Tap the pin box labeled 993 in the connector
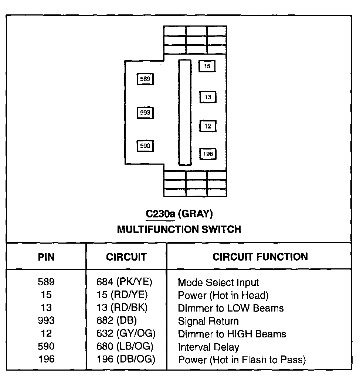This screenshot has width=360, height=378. pos(145,113)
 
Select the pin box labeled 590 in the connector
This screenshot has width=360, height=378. pos(145,146)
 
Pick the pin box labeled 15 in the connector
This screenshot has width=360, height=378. pos(207,66)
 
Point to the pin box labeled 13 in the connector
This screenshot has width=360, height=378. pos(208,97)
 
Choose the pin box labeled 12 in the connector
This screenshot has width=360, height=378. pos(208,126)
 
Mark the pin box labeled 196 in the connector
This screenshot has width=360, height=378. pos(208,154)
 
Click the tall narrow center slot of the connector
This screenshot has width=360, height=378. pos(185,113)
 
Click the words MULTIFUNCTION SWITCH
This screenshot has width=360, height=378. pos(179,230)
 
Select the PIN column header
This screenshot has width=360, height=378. pos(46,257)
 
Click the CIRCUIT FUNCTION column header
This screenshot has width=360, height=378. pos(260,257)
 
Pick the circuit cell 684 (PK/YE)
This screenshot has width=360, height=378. pos(125,283)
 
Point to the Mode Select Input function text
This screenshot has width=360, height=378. pos(218,283)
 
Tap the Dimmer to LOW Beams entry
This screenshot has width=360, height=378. pos(231,308)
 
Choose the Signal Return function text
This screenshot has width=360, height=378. pos(208,321)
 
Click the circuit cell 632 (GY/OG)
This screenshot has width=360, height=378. pos(126,334)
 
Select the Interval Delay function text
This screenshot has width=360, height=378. pos(208,347)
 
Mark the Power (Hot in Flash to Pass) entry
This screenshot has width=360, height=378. pos(242,360)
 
